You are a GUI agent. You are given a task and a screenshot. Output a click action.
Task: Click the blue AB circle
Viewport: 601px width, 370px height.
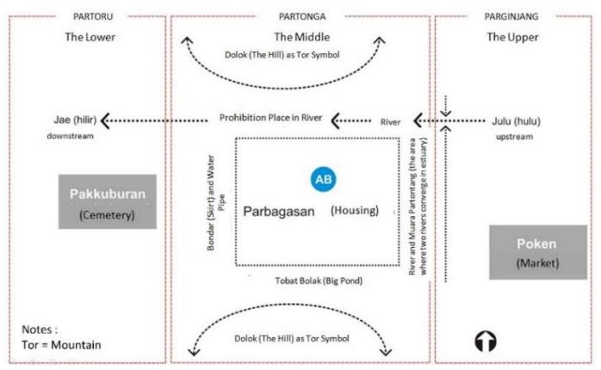tap(323, 179)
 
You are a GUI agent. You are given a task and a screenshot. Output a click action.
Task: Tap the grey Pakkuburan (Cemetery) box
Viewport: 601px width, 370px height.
tap(108, 201)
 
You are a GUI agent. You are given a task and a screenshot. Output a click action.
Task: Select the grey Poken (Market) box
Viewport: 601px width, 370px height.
tap(538, 252)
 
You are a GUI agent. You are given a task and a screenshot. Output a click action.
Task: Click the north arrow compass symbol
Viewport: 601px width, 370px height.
tap(486, 341)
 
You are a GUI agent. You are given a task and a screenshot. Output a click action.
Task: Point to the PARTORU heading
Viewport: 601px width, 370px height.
tap(93, 16)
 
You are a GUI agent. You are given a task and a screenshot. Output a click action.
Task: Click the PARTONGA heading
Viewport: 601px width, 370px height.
tap(302, 16)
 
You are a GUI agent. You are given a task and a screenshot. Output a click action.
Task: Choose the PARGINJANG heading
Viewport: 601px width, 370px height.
tap(511, 16)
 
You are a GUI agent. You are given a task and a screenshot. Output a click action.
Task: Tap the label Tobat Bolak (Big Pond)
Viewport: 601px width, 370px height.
tap(319, 281)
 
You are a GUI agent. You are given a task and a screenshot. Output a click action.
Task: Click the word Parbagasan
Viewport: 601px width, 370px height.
tap(279, 212)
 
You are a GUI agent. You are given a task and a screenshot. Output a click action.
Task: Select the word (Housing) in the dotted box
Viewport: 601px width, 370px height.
tap(355, 210)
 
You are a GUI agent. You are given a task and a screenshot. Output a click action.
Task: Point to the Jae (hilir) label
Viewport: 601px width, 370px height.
tap(75, 120)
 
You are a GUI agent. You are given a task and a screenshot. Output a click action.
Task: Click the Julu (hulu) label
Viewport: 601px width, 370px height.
tap(516, 121)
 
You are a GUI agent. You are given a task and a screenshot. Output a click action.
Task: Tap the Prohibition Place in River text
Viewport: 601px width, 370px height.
tap(270, 118)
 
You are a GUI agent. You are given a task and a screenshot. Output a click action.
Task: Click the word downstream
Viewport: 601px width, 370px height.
tap(70, 136)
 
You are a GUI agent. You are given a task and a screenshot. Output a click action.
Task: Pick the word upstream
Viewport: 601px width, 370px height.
tap(514, 137)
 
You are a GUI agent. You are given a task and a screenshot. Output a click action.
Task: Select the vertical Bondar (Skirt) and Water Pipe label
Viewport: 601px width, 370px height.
tap(215, 202)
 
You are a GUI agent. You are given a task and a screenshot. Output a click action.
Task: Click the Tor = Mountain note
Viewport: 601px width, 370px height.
tap(61, 345)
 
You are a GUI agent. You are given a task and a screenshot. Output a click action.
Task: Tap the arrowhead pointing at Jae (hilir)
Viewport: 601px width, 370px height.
tap(105, 120)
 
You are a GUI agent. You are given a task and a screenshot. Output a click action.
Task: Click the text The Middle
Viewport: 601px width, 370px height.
tap(302, 37)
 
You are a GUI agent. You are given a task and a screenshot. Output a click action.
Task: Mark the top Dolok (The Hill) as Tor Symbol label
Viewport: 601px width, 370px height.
tap(282, 55)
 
